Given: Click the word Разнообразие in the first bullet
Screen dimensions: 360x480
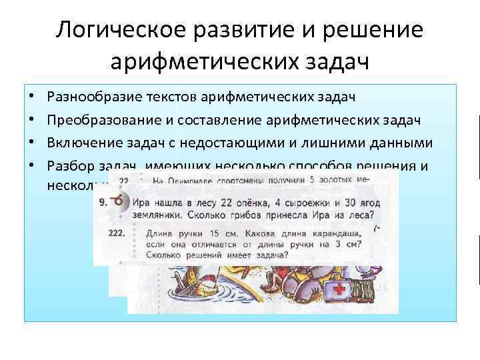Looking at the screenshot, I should (x=89, y=97).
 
